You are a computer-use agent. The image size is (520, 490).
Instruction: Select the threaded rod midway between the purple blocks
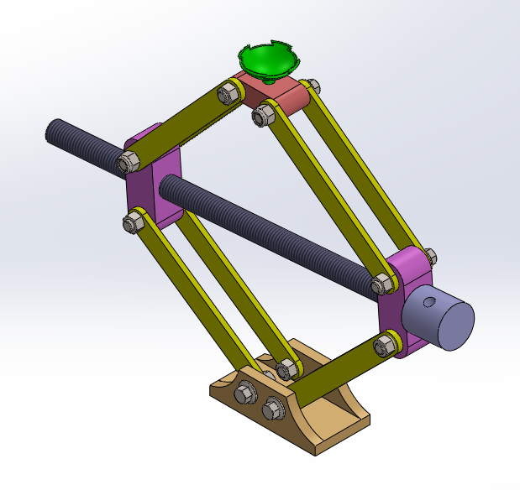pos(269,231)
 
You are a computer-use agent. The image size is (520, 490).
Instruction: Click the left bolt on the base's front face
pos(247,391)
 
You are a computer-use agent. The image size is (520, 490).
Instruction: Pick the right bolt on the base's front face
pos(271,409)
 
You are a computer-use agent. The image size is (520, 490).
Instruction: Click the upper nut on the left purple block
pos(129,161)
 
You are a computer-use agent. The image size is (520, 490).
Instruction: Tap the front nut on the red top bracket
pos(261,116)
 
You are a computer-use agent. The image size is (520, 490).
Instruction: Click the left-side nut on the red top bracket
pos(227,92)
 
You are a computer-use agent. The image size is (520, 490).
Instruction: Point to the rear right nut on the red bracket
pos(313,86)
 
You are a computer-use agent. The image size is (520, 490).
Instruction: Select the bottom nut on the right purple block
pos(386,344)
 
